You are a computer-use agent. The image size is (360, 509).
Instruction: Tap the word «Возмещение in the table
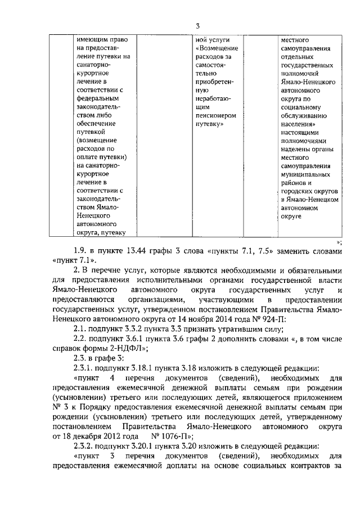click(x=217, y=49)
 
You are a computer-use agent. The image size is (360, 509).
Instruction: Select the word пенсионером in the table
click(x=215, y=115)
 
